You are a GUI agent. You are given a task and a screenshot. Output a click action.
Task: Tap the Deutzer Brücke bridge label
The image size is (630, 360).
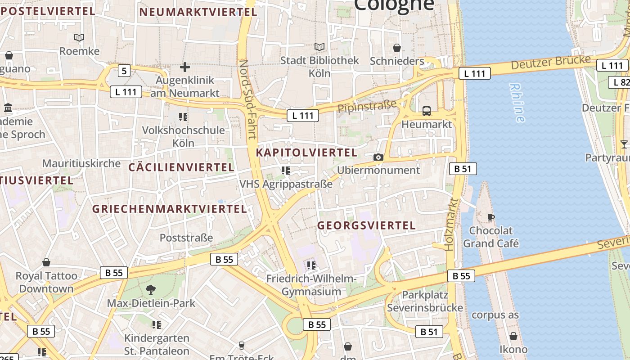[x=550, y=62]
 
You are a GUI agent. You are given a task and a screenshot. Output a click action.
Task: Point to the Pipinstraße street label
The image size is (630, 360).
[x=367, y=106]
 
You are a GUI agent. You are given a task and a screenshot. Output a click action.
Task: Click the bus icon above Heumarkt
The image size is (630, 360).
[x=426, y=111]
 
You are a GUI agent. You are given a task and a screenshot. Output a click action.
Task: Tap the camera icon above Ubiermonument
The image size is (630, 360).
[x=378, y=157]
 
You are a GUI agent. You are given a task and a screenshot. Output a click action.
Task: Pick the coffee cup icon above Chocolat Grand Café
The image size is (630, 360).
[x=491, y=218]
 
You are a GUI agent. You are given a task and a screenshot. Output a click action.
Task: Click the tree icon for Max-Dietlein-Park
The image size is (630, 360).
[x=151, y=290]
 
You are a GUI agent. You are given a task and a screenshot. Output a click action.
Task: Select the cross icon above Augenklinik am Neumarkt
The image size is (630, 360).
[x=184, y=67]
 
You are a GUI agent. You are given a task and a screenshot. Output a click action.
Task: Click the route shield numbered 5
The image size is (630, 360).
[x=124, y=71]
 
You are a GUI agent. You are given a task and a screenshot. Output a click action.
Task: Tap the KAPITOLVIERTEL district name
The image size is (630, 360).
[x=306, y=153]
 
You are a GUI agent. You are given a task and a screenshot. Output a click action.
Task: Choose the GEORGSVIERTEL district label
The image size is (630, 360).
[x=366, y=225]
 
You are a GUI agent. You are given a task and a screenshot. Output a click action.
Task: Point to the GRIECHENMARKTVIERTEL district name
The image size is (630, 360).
[x=170, y=209]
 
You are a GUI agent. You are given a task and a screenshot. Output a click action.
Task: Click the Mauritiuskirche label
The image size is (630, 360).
[x=81, y=163]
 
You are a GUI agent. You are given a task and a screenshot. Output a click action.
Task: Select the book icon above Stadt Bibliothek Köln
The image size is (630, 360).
[x=319, y=47]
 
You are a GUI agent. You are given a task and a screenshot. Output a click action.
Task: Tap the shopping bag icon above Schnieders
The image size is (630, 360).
[x=397, y=48]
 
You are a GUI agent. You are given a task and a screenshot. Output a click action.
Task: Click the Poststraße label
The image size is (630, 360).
[x=186, y=238]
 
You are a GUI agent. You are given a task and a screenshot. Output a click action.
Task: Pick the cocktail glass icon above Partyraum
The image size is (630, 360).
[x=624, y=144]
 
